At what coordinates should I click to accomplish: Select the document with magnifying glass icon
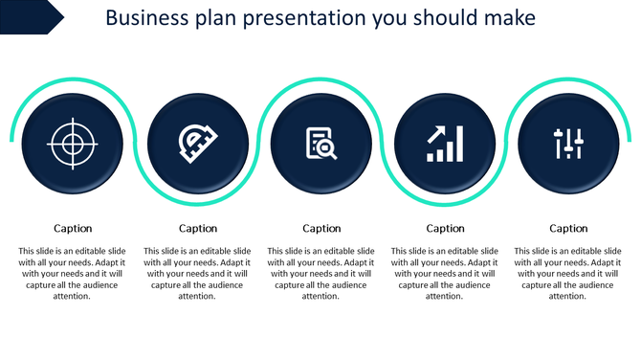[320, 144]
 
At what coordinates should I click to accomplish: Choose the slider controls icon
[568, 144]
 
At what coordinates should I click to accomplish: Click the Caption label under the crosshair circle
[73, 229]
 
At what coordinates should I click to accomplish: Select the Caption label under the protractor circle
[198, 229]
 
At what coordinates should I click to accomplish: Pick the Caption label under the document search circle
[321, 229]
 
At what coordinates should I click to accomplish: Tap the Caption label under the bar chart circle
[445, 229]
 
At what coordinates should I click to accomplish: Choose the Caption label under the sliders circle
[568, 229]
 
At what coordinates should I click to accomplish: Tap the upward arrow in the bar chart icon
[438, 133]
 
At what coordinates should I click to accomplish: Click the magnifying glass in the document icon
[325, 148]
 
